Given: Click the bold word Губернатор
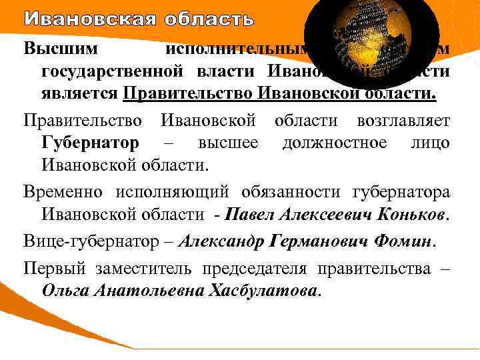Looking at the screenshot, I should tap(90, 143).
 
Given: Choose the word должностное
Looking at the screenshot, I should tap(333, 143).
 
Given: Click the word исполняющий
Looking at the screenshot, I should tap(172, 193).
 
